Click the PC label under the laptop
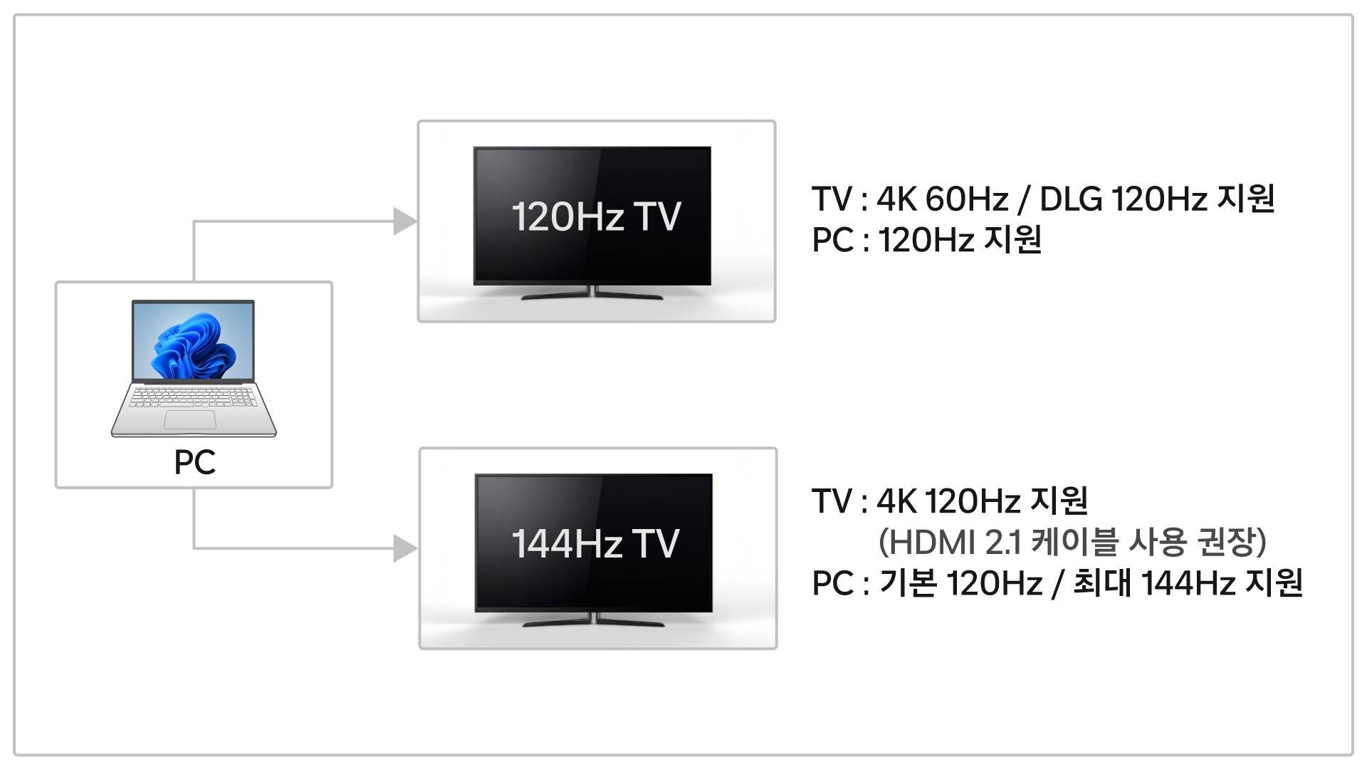coord(194,462)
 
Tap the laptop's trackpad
coord(190,419)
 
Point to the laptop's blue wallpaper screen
coord(193,341)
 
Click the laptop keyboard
coord(193,396)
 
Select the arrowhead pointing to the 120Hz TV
coord(405,221)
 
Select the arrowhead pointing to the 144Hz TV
coord(405,548)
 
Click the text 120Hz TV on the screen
coord(596,216)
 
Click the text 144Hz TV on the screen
coord(596,543)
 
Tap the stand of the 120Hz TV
coord(592,293)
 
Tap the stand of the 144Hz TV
coord(594,620)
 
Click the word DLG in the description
coord(1071,199)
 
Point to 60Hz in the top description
coord(966,199)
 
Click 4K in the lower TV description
coord(896,501)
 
